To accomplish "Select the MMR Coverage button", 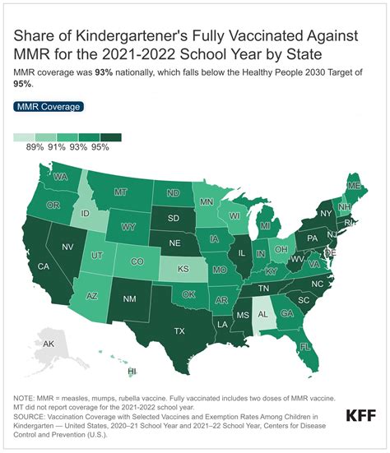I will pos(49,107).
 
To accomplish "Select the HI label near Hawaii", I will pos(132,372).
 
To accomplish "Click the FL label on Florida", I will pos(304,346).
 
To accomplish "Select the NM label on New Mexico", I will pos(128,300).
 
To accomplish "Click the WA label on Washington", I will pos(61,176).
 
